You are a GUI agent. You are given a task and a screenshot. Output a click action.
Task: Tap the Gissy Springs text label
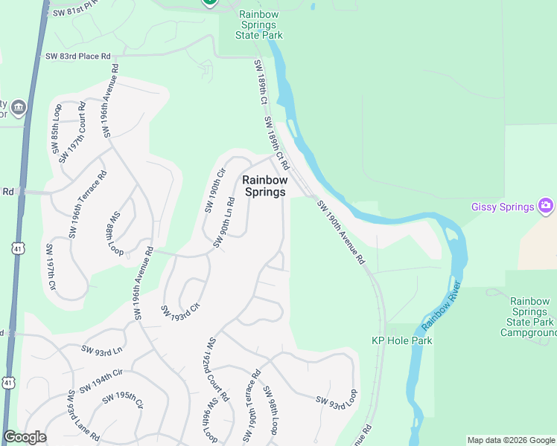click(x=503, y=207)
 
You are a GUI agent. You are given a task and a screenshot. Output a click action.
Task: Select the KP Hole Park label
click(x=402, y=340)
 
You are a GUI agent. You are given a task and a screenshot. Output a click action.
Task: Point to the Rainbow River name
click(x=442, y=306)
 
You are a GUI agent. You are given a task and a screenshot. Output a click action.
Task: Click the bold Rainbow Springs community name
click(x=264, y=186)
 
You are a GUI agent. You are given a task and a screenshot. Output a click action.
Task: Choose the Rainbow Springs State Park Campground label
click(x=529, y=318)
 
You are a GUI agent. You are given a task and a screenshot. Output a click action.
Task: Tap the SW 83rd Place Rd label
click(x=77, y=56)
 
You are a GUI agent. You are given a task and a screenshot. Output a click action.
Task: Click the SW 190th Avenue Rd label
click(x=341, y=232)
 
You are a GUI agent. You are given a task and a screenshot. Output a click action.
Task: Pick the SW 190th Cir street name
click(x=214, y=190)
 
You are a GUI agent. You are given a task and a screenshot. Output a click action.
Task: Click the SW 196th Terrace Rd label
click(x=88, y=205)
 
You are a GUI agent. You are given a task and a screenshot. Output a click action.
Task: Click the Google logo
click(x=25, y=437)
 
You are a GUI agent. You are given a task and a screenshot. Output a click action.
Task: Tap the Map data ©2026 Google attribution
click(x=510, y=440)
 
